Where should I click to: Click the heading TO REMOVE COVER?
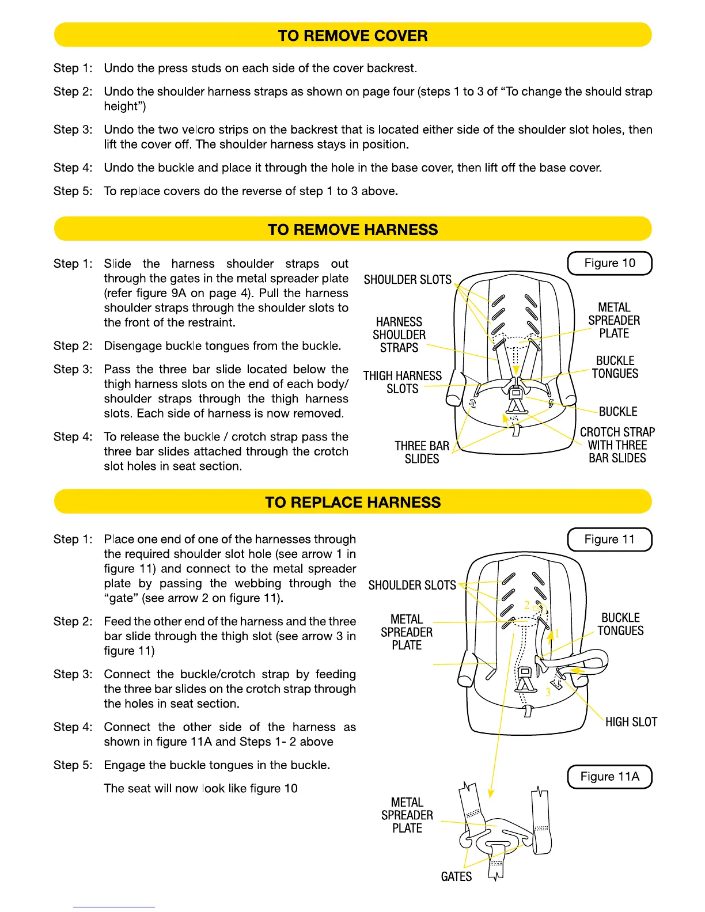tap(352, 36)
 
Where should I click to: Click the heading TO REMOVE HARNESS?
tap(352, 230)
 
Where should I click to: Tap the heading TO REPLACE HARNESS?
tap(352, 502)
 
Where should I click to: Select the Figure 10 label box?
tap(609, 263)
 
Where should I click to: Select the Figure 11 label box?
tap(609, 539)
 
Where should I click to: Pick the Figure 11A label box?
tap(609, 776)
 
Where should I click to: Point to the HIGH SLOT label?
tap(631, 722)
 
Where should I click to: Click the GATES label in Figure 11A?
tap(456, 876)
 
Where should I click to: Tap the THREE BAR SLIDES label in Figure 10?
tap(422, 453)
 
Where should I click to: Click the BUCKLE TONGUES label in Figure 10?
tap(615, 367)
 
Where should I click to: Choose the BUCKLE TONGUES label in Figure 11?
tap(620, 624)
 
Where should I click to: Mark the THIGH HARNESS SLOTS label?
tap(402, 382)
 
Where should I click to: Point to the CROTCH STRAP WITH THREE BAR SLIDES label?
tap(617, 445)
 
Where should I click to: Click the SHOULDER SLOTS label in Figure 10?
tap(408, 280)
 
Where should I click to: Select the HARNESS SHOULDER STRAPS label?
tap(399, 335)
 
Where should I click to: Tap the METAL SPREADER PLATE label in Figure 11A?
tap(407, 815)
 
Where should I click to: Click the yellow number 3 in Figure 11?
tap(548, 693)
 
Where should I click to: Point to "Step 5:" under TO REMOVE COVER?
tap(73, 191)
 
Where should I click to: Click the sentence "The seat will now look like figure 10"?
tap(200, 788)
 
